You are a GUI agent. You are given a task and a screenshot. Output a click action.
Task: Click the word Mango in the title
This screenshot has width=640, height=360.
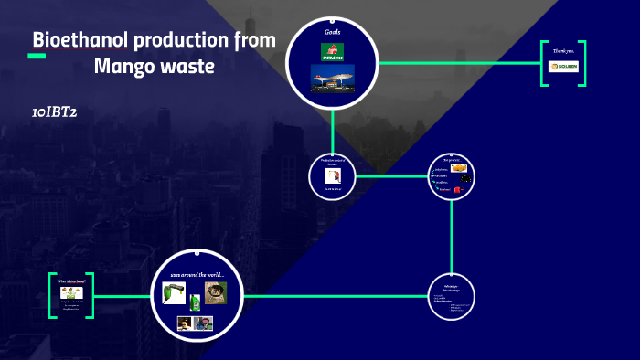pos(123,67)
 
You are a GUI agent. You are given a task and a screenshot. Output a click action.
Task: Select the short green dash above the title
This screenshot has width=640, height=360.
pos(37,57)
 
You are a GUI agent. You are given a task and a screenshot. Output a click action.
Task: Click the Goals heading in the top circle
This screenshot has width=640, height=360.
pos(333,33)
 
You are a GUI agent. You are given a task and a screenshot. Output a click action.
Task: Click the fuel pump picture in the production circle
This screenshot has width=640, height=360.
pos(333,175)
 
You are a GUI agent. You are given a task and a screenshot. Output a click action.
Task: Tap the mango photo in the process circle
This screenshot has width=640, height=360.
pos(459,168)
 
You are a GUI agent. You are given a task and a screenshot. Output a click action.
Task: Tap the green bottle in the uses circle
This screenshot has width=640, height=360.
pos(194,299)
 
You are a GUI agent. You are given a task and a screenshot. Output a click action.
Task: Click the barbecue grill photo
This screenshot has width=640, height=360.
pos(216,292)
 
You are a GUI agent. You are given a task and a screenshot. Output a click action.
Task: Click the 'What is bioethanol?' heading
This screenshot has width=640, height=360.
pos(72,281)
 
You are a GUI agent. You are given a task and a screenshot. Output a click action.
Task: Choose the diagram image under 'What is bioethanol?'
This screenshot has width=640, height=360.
pos(72,292)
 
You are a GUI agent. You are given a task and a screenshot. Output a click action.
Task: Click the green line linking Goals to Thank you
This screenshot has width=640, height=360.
pos(457,63)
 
